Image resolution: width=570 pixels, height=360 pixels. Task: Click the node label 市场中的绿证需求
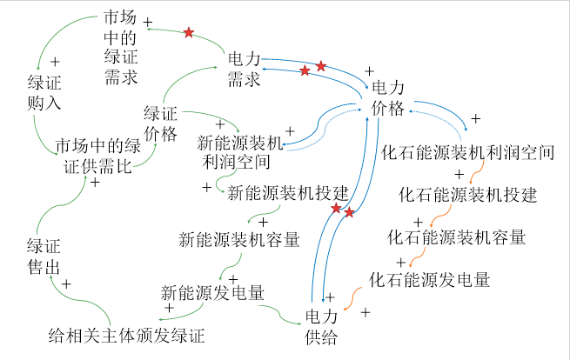tap(120, 48)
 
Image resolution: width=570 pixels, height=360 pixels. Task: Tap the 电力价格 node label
tap(387, 97)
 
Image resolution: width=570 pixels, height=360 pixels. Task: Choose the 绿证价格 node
tap(160, 123)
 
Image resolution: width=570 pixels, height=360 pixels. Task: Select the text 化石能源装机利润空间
tap(468, 153)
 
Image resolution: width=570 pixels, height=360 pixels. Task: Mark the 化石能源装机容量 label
tap(456, 237)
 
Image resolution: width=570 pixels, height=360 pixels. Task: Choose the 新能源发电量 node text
tap(213, 291)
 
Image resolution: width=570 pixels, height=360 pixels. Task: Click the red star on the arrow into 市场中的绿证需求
tap(188, 33)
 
